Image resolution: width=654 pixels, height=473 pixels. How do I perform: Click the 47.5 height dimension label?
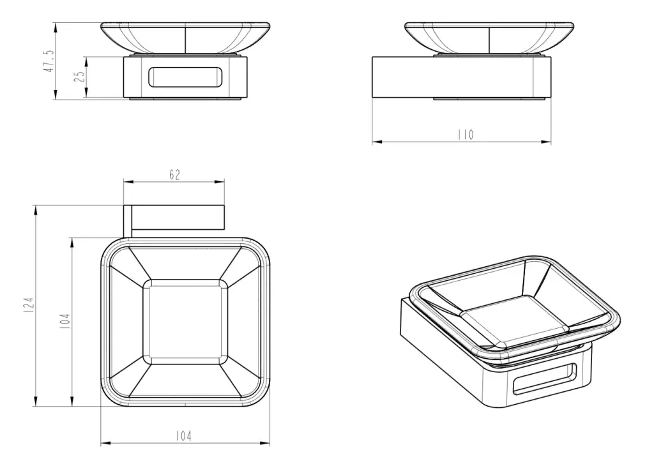pos(49,62)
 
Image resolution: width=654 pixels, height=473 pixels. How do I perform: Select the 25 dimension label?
pos(79,76)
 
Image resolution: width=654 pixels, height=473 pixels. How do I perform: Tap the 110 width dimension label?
pos(466,135)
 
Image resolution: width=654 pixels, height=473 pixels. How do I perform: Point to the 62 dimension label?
pos(175,175)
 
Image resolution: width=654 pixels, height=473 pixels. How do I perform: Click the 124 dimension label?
pos(28,306)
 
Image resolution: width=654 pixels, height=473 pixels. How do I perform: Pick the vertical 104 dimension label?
pos(65,321)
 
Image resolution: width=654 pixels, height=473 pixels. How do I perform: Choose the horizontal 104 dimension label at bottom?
pos(183,436)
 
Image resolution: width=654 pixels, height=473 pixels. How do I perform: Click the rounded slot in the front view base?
pos(186,77)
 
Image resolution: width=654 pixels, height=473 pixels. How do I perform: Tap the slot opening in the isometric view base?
pos(544,379)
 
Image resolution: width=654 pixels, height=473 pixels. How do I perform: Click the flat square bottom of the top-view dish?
pos(186,322)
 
